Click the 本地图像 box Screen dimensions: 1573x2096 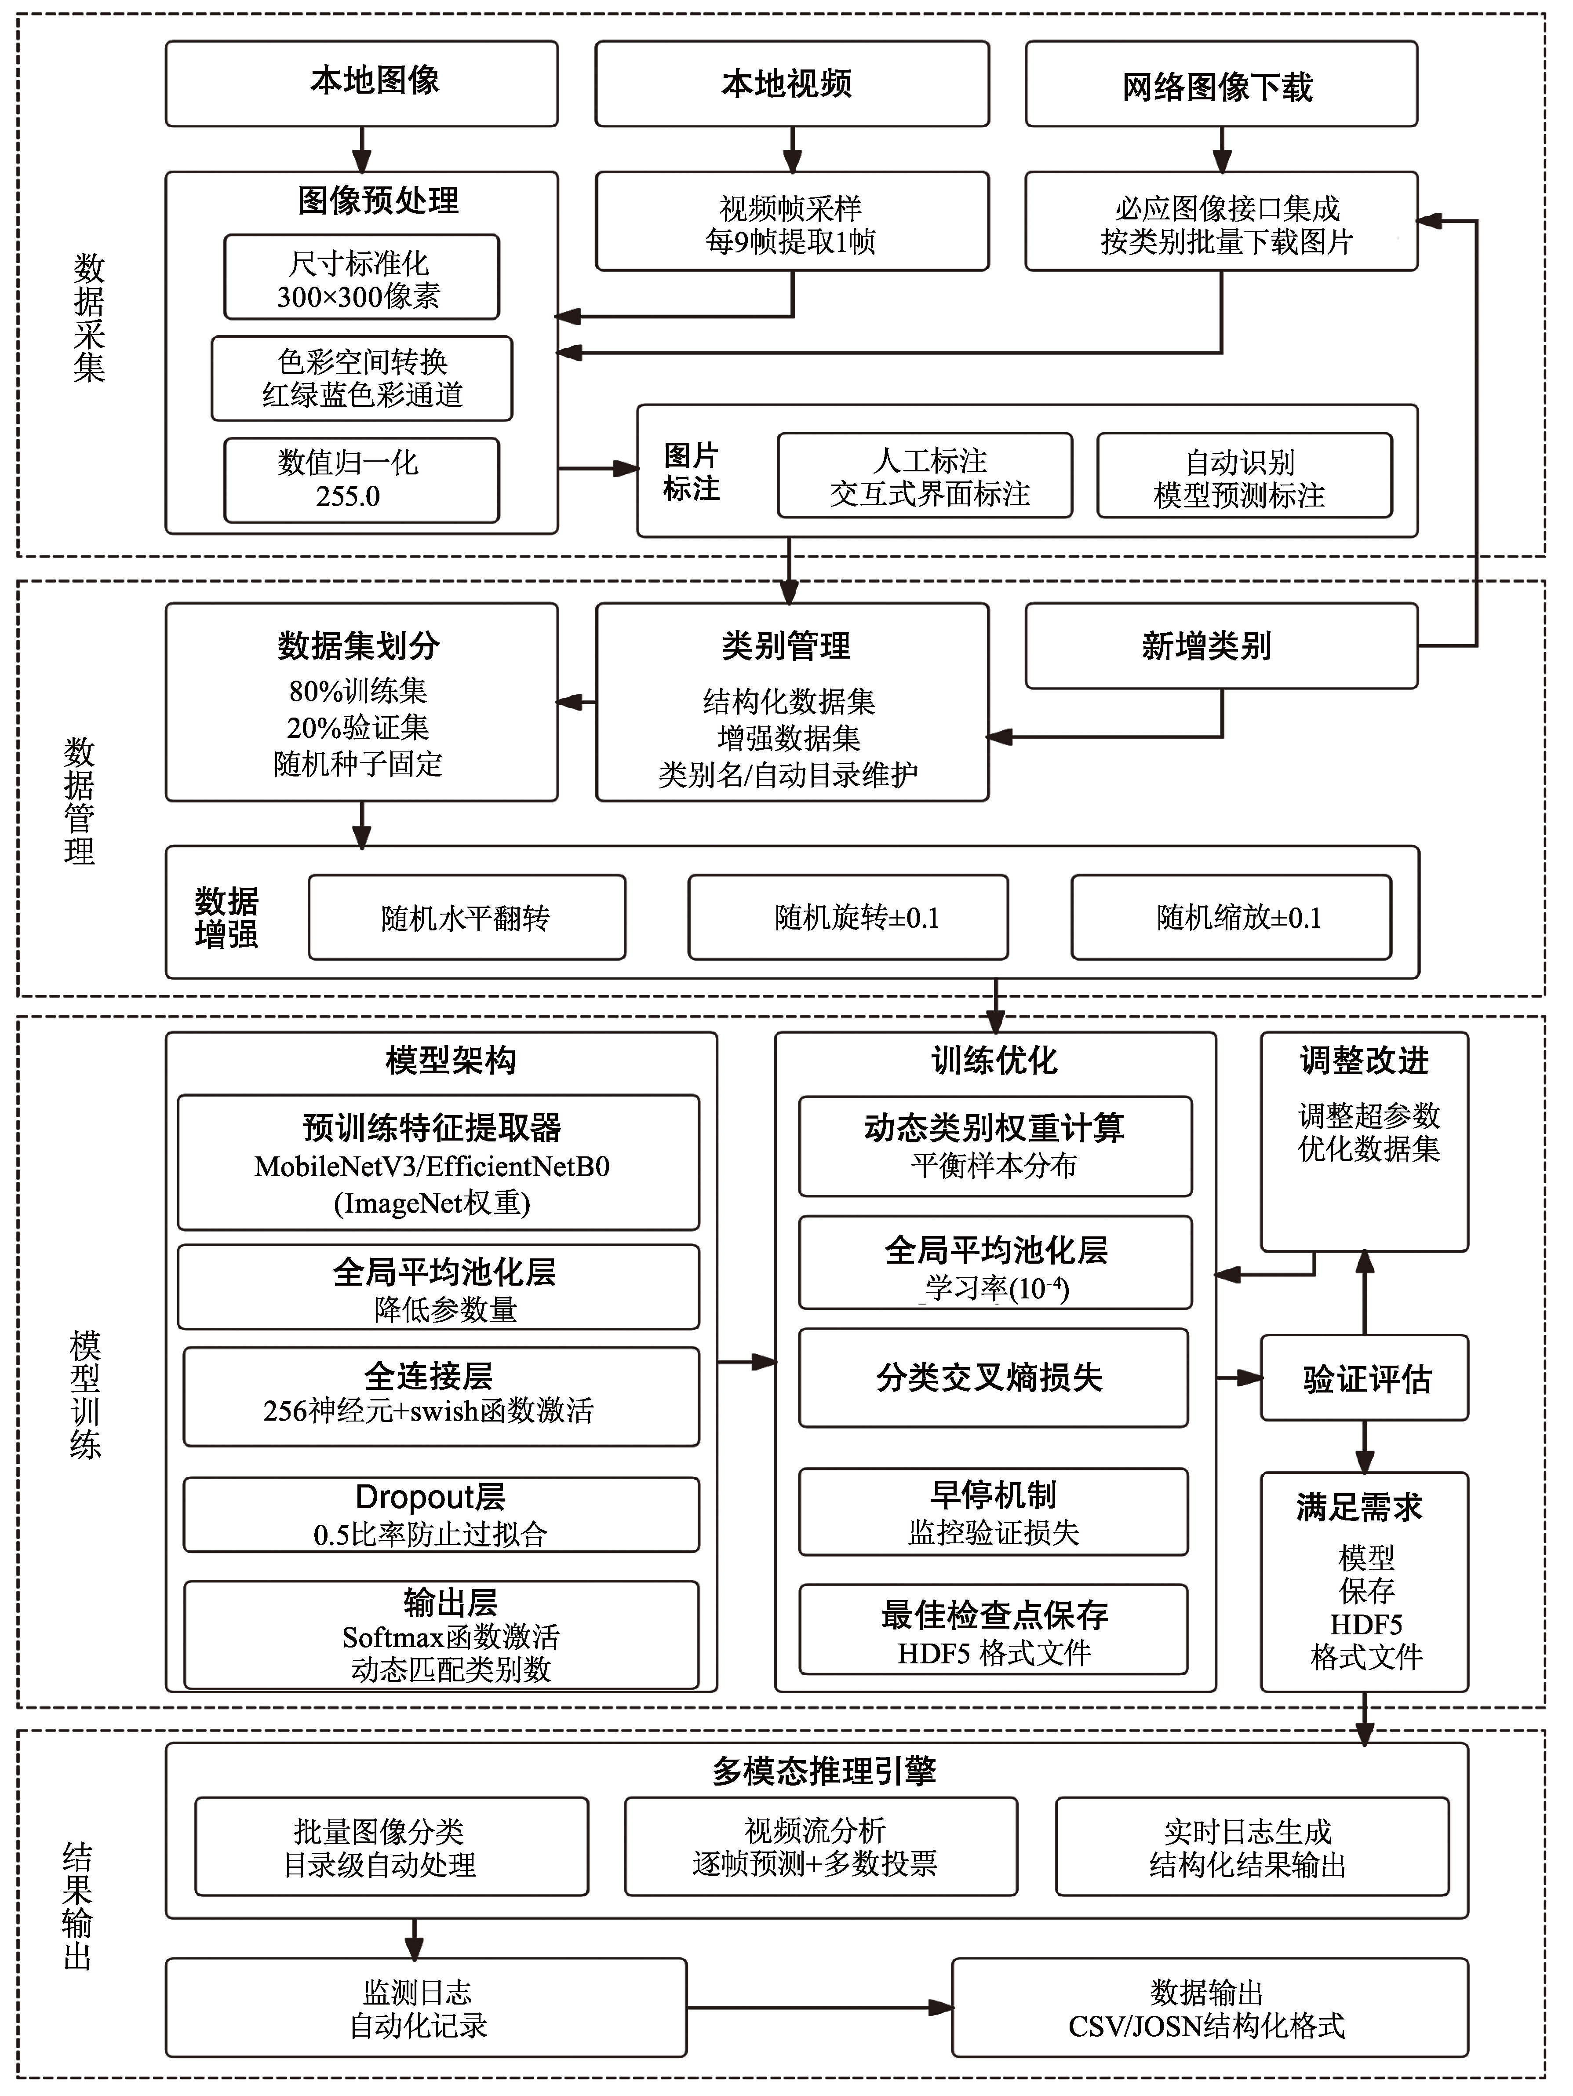[361, 84]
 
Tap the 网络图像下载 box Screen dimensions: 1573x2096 [1221, 84]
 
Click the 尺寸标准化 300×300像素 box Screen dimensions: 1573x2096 [361, 277]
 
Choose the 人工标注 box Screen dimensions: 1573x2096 [925, 476]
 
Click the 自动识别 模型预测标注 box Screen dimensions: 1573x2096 [1244, 476]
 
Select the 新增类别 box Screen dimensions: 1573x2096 [1221, 646]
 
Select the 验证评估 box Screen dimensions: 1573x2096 [1365, 1378]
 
